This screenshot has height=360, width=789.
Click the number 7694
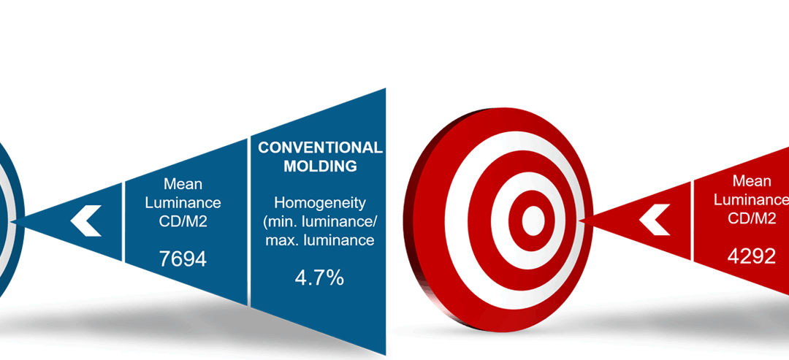pos(183,259)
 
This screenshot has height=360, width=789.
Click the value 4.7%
pos(319,277)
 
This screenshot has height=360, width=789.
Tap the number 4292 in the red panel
pos(751,256)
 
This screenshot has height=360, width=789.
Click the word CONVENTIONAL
pos(320,148)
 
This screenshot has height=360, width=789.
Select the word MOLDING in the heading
pos(320,166)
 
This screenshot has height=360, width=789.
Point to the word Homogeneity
pos(320,202)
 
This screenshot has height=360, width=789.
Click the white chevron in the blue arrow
pos(85,221)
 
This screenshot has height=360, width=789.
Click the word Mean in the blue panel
pos(183,184)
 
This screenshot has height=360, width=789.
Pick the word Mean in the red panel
pos(752,181)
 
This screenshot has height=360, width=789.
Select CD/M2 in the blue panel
pos(183,221)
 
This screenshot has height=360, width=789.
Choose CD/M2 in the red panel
pos(752,218)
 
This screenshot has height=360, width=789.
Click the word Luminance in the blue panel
pos(183,202)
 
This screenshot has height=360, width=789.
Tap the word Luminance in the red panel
pos(751,199)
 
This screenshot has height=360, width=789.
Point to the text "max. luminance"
pos(320,240)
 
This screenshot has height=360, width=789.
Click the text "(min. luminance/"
pos(320,221)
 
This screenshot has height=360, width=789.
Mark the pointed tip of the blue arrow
pos(11,221)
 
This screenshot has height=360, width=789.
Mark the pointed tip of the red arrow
pos(579,221)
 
